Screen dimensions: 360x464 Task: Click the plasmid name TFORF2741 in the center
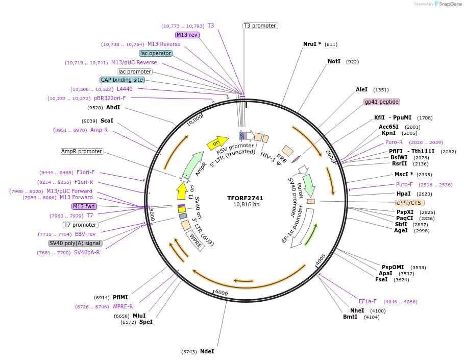coord(246,198)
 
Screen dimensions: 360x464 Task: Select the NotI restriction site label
coord(334,62)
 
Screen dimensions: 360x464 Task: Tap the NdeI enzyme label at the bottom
coord(207,351)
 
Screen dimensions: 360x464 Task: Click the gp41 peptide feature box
coord(381,102)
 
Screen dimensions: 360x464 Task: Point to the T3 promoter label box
coord(260,26)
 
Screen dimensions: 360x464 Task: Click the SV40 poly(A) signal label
coord(75,243)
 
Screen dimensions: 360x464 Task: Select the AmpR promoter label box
coord(82,152)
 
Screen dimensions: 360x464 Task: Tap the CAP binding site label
coord(122,80)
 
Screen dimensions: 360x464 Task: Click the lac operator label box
coord(155,53)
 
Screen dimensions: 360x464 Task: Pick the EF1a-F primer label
coord(368,301)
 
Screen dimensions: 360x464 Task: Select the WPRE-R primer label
coord(123,306)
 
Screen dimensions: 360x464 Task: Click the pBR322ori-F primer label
coord(110,98)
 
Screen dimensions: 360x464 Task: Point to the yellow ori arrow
coord(216,143)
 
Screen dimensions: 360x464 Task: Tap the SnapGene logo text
coord(450,4)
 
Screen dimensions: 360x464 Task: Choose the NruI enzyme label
coord(312,44)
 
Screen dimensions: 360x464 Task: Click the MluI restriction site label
coord(139,316)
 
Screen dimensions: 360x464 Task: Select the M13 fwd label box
coord(84,206)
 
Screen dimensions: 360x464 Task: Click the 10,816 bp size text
coord(246,205)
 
